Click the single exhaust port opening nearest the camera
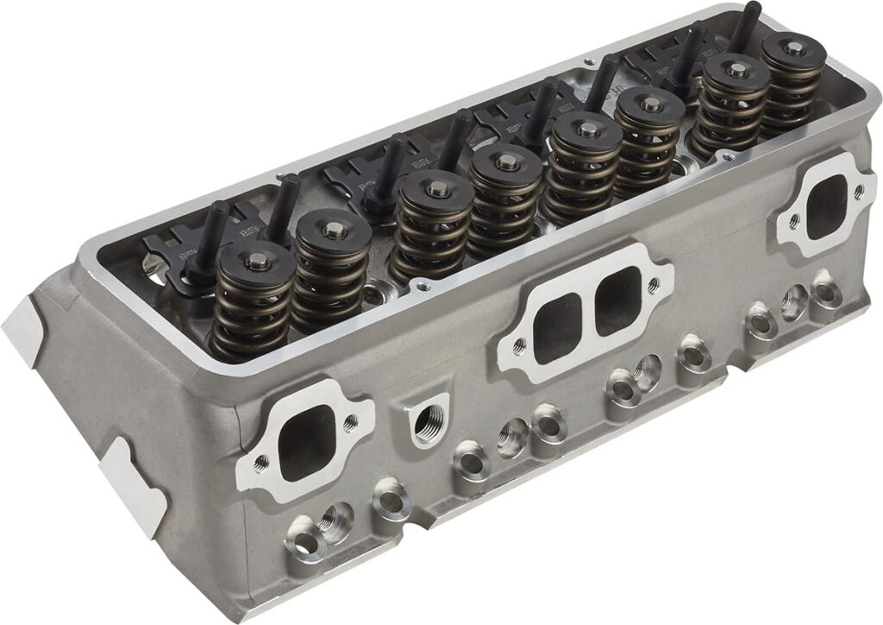304,445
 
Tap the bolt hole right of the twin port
657,281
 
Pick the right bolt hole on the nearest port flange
350,423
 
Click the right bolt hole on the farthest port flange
858,192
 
